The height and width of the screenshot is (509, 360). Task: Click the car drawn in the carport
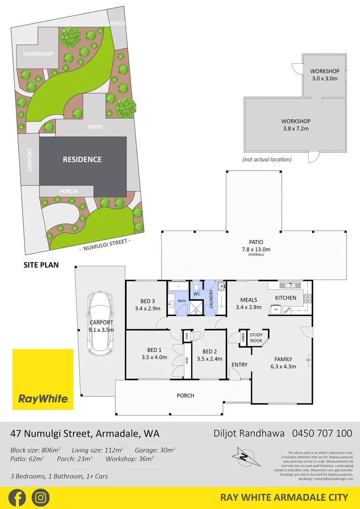[100, 323]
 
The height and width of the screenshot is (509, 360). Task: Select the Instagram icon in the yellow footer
[41, 498]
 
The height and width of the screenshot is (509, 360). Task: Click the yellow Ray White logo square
[43, 379]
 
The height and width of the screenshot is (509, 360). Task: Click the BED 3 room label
[147, 301]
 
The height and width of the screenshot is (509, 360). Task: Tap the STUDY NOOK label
[256, 337]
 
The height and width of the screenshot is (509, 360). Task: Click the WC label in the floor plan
[197, 294]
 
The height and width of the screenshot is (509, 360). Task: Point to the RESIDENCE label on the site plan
[82, 159]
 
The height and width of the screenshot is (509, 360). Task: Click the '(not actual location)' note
[267, 159]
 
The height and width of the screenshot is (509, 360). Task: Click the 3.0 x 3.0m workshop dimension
[325, 78]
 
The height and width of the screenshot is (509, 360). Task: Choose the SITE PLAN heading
[41, 265]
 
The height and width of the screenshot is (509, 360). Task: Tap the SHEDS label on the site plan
[117, 24]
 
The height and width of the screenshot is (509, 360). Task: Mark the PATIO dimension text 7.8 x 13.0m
[254, 249]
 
